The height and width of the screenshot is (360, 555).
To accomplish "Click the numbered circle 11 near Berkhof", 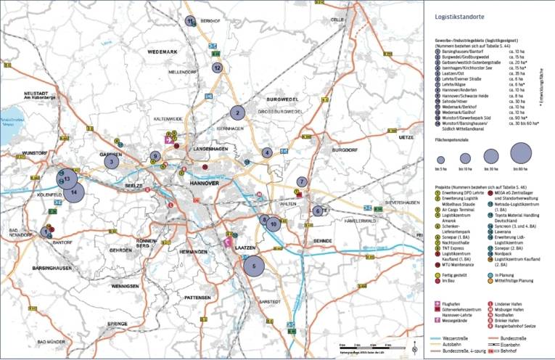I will coord(190,21).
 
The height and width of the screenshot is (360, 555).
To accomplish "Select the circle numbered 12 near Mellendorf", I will coord(218,67).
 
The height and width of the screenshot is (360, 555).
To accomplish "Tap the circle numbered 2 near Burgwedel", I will coord(237,112).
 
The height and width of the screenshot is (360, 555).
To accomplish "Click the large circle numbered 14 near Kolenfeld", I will coord(74,192).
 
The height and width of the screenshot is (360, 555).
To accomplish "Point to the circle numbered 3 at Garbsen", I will coord(111,162).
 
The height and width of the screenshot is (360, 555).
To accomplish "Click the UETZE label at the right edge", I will coord(406,136).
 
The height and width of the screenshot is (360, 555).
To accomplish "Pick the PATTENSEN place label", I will coord(197,298).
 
